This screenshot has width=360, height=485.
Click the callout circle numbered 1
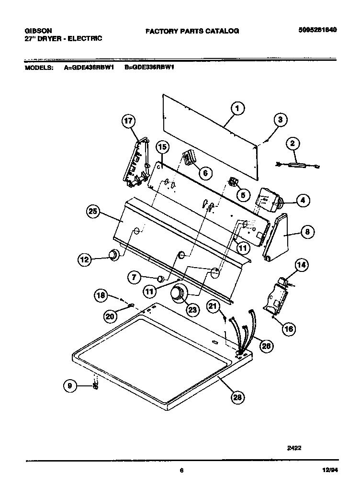tap(236, 109)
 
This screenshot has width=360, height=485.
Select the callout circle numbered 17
tap(128, 121)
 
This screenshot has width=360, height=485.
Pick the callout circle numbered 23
tap(193, 310)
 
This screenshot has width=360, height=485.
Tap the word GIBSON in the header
tap(35, 30)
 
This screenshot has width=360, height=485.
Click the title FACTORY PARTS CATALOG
tap(192, 31)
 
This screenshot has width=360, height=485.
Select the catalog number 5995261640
tap(317, 29)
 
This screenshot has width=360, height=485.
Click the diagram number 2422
tap(294, 449)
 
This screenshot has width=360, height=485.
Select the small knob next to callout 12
tap(114, 255)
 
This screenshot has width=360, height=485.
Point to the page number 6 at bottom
tap(181, 470)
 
